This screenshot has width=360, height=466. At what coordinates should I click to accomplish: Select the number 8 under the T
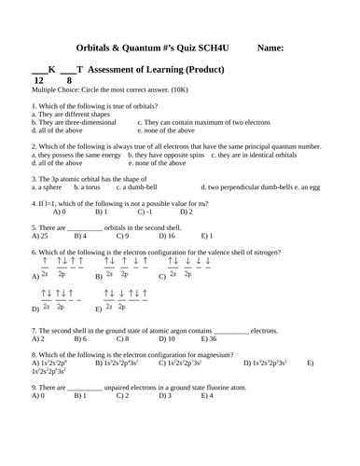[69, 81]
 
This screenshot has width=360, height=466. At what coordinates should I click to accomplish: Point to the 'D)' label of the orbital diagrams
[35, 308]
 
